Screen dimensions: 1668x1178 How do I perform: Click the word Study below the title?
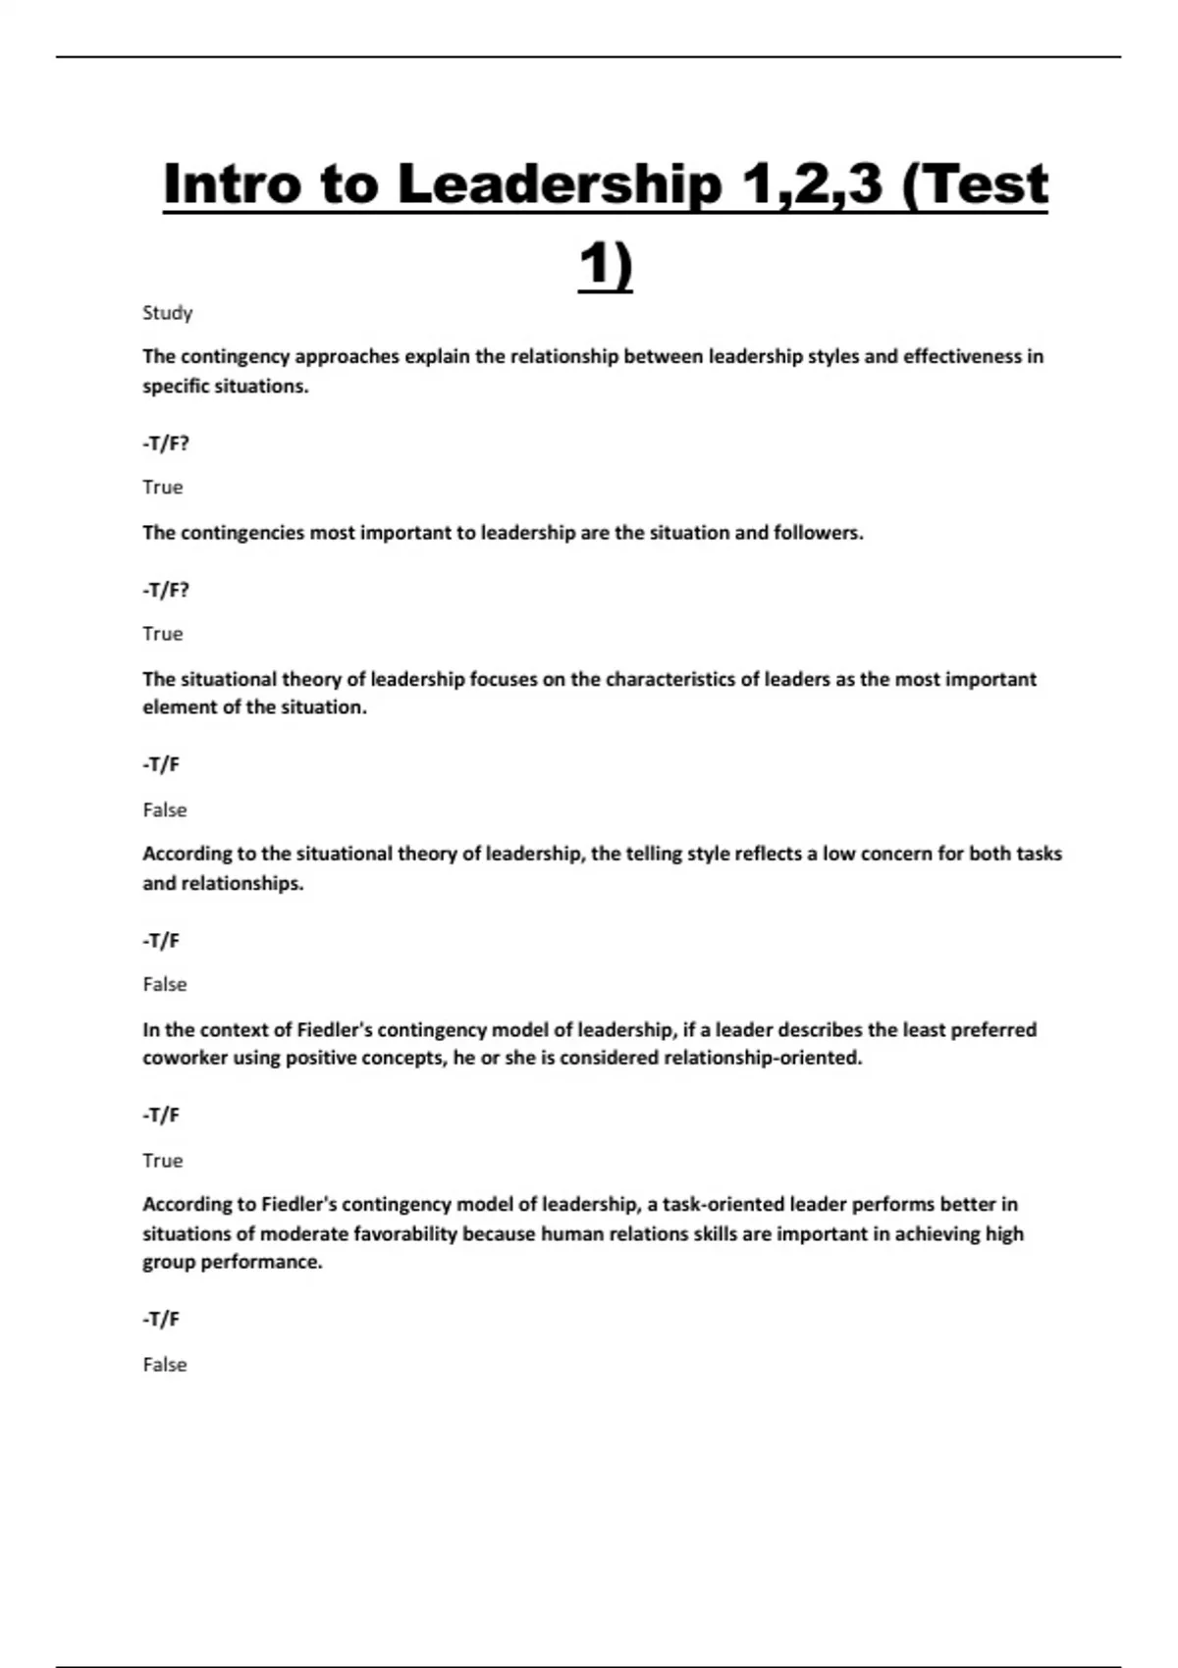pos(167,313)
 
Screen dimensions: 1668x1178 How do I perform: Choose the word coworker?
pos(185,1059)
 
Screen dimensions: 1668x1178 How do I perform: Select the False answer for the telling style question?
pos(164,984)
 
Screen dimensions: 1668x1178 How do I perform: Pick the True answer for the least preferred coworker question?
pos(162,1161)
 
